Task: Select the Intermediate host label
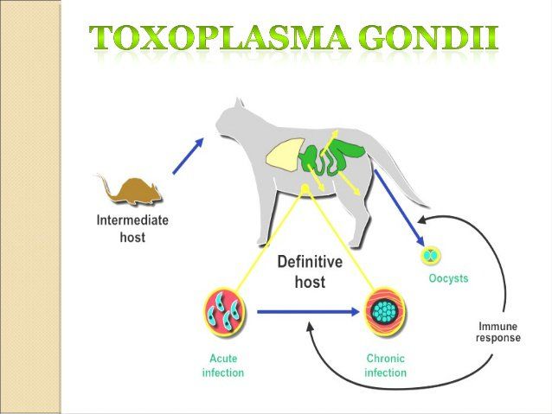point(132,227)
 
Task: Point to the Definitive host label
point(310,271)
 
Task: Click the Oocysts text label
point(448,279)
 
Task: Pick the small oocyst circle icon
point(430,256)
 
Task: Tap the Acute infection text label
point(222,366)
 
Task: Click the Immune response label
point(497,332)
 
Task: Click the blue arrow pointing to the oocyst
point(399,208)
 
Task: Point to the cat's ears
point(228,107)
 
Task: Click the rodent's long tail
point(101,185)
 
